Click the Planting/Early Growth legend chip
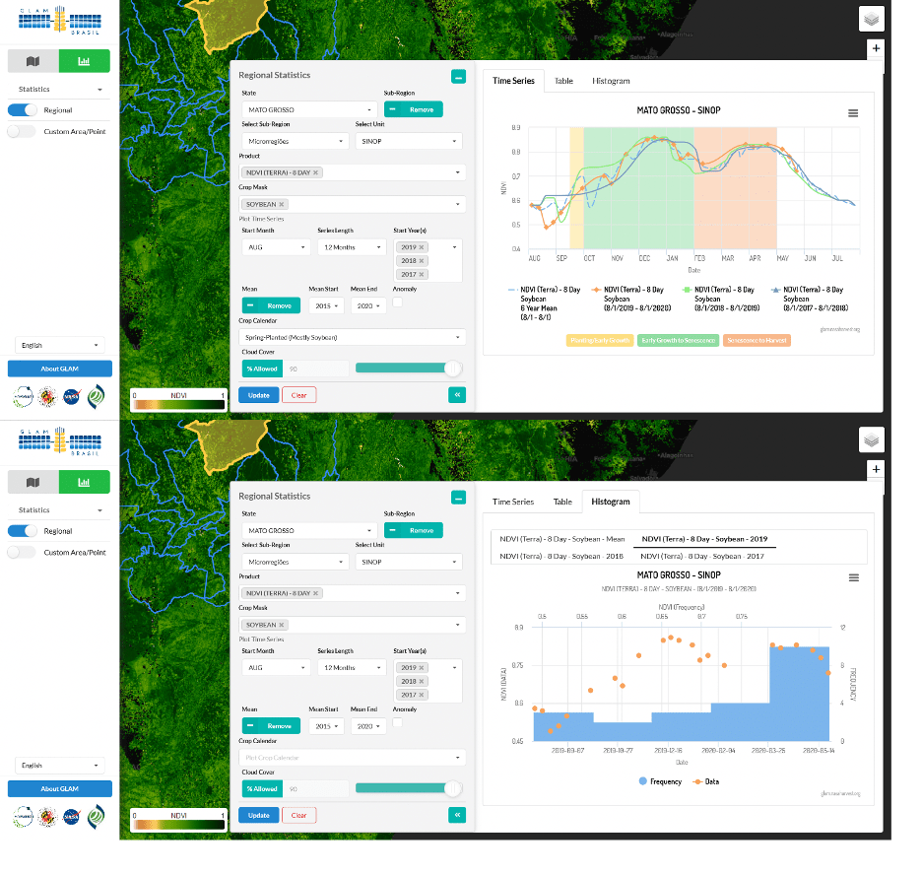pos(599,340)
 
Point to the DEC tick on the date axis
pos(644,258)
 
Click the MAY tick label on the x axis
pos(782,258)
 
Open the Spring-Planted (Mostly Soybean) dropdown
pos(350,337)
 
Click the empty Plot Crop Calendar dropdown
pos(350,758)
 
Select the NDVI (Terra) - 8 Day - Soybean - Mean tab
pos(561,539)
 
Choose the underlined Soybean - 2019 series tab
pos(703,539)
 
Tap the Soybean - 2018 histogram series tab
pos(561,556)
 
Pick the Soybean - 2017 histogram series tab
pos(703,556)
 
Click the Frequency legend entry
pos(661,781)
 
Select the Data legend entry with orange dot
pos(707,781)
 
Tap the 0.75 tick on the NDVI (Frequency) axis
pos(741,616)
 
